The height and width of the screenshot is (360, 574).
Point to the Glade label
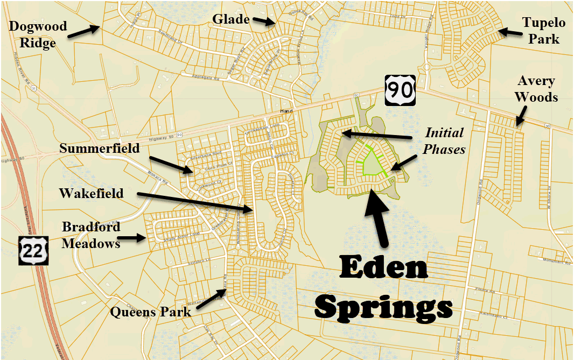point(231,19)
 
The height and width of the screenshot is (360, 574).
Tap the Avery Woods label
point(536,89)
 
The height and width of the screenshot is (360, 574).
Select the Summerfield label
point(100,147)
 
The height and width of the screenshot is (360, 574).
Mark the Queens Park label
point(151,312)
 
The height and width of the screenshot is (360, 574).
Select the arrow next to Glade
point(264,21)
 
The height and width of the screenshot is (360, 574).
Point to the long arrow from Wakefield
point(194,202)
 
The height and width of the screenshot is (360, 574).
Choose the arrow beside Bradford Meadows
point(131,237)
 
